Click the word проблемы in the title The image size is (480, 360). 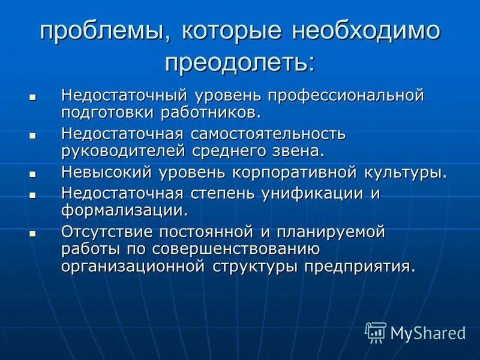coord(93,32)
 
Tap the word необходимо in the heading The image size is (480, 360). coord(367,32)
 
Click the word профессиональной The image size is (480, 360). coord(346,95)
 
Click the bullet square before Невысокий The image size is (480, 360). coord(33,173)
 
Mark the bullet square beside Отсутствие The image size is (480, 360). coord(33,232)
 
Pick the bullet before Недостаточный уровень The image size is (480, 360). coord(33,96)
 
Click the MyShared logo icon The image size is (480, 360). coord(376,331)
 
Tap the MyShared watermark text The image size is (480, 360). coord(428,332)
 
